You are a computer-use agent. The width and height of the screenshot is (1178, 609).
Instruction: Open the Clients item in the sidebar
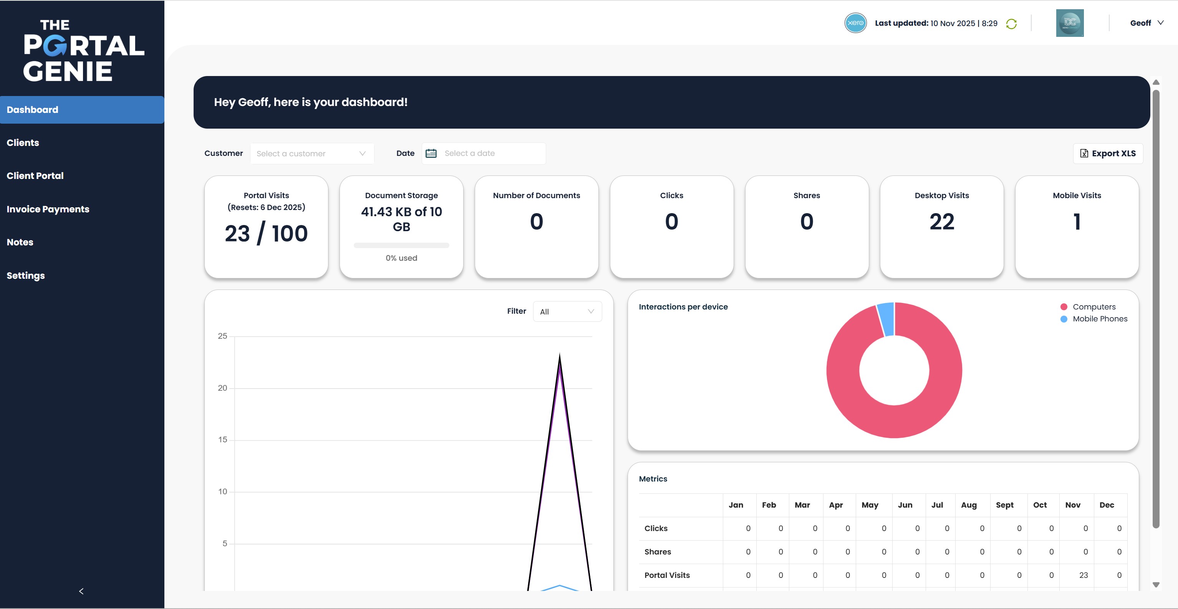coord(23,142)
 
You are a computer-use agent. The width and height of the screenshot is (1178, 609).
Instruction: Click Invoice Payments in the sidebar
coord(48,209)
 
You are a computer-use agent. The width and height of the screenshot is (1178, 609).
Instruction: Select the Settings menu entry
coord(26,275)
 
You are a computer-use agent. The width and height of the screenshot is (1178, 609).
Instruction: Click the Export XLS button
coord(1108,153)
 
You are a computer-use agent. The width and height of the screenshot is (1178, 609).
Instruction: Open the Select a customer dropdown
coord(311,154)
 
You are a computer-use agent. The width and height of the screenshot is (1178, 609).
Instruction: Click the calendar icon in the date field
coord(431,153)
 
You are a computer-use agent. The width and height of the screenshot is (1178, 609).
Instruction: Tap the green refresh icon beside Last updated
coord(1011,24)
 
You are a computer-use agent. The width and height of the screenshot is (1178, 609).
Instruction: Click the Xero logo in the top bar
coord(855,23)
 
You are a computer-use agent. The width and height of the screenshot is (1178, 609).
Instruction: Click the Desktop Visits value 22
coord(941,222)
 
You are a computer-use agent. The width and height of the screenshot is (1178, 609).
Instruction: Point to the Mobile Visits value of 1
coord(1077,222)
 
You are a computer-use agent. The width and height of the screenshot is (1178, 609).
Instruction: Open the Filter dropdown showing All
coord(567,311)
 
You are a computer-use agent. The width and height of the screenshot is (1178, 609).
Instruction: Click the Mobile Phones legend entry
coord(1099,319)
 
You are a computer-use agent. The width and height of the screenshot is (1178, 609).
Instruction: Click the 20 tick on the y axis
coord(222,388)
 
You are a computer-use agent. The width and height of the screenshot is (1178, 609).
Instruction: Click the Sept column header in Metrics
coord(1004,505)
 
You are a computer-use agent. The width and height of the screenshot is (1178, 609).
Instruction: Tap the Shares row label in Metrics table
coord(658,552)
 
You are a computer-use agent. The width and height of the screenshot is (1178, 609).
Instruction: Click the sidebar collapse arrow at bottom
coord(81,591)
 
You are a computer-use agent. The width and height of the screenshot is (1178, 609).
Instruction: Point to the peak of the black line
coord(560,355)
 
